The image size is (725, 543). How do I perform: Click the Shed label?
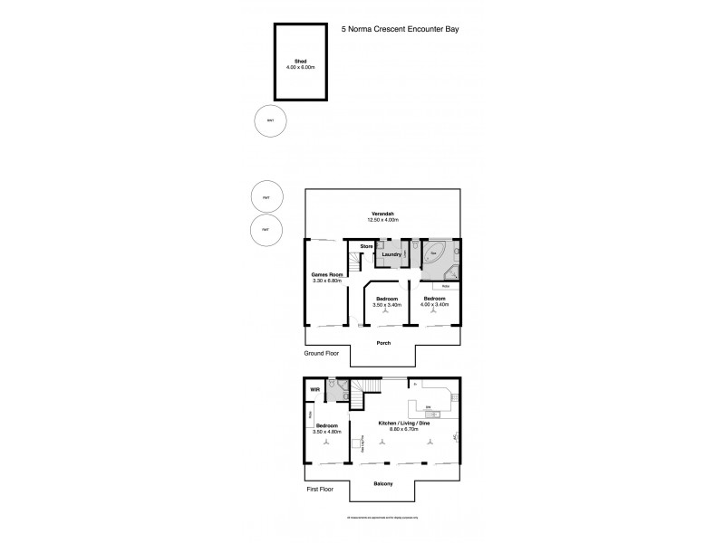coord(300,61)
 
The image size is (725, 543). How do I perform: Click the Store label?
coord(367,246)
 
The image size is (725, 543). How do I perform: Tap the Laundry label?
coord(391,255)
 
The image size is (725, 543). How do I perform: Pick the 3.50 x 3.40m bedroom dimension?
coord(387,305)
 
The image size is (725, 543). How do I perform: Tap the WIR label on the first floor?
coord(315,390)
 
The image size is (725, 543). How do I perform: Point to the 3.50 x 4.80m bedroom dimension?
coord(327,432)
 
